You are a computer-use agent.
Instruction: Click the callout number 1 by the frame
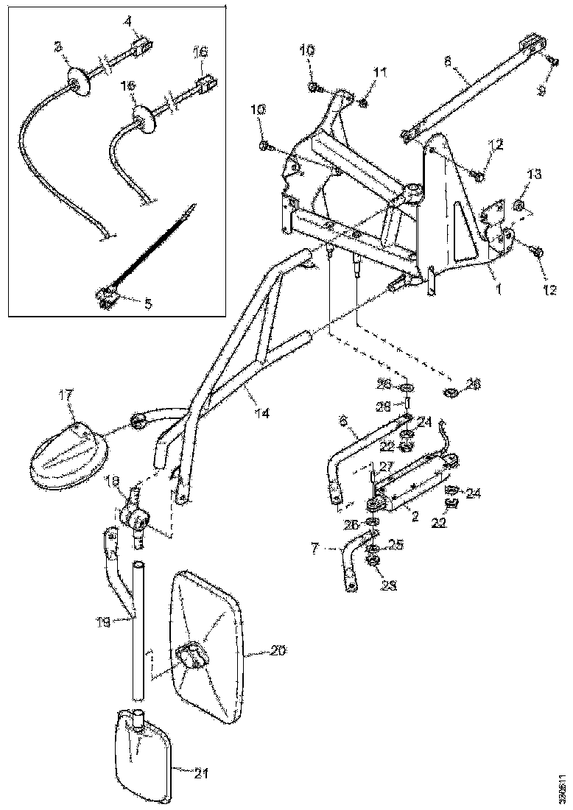click(497, 289)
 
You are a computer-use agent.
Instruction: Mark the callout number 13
click(533, 174)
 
